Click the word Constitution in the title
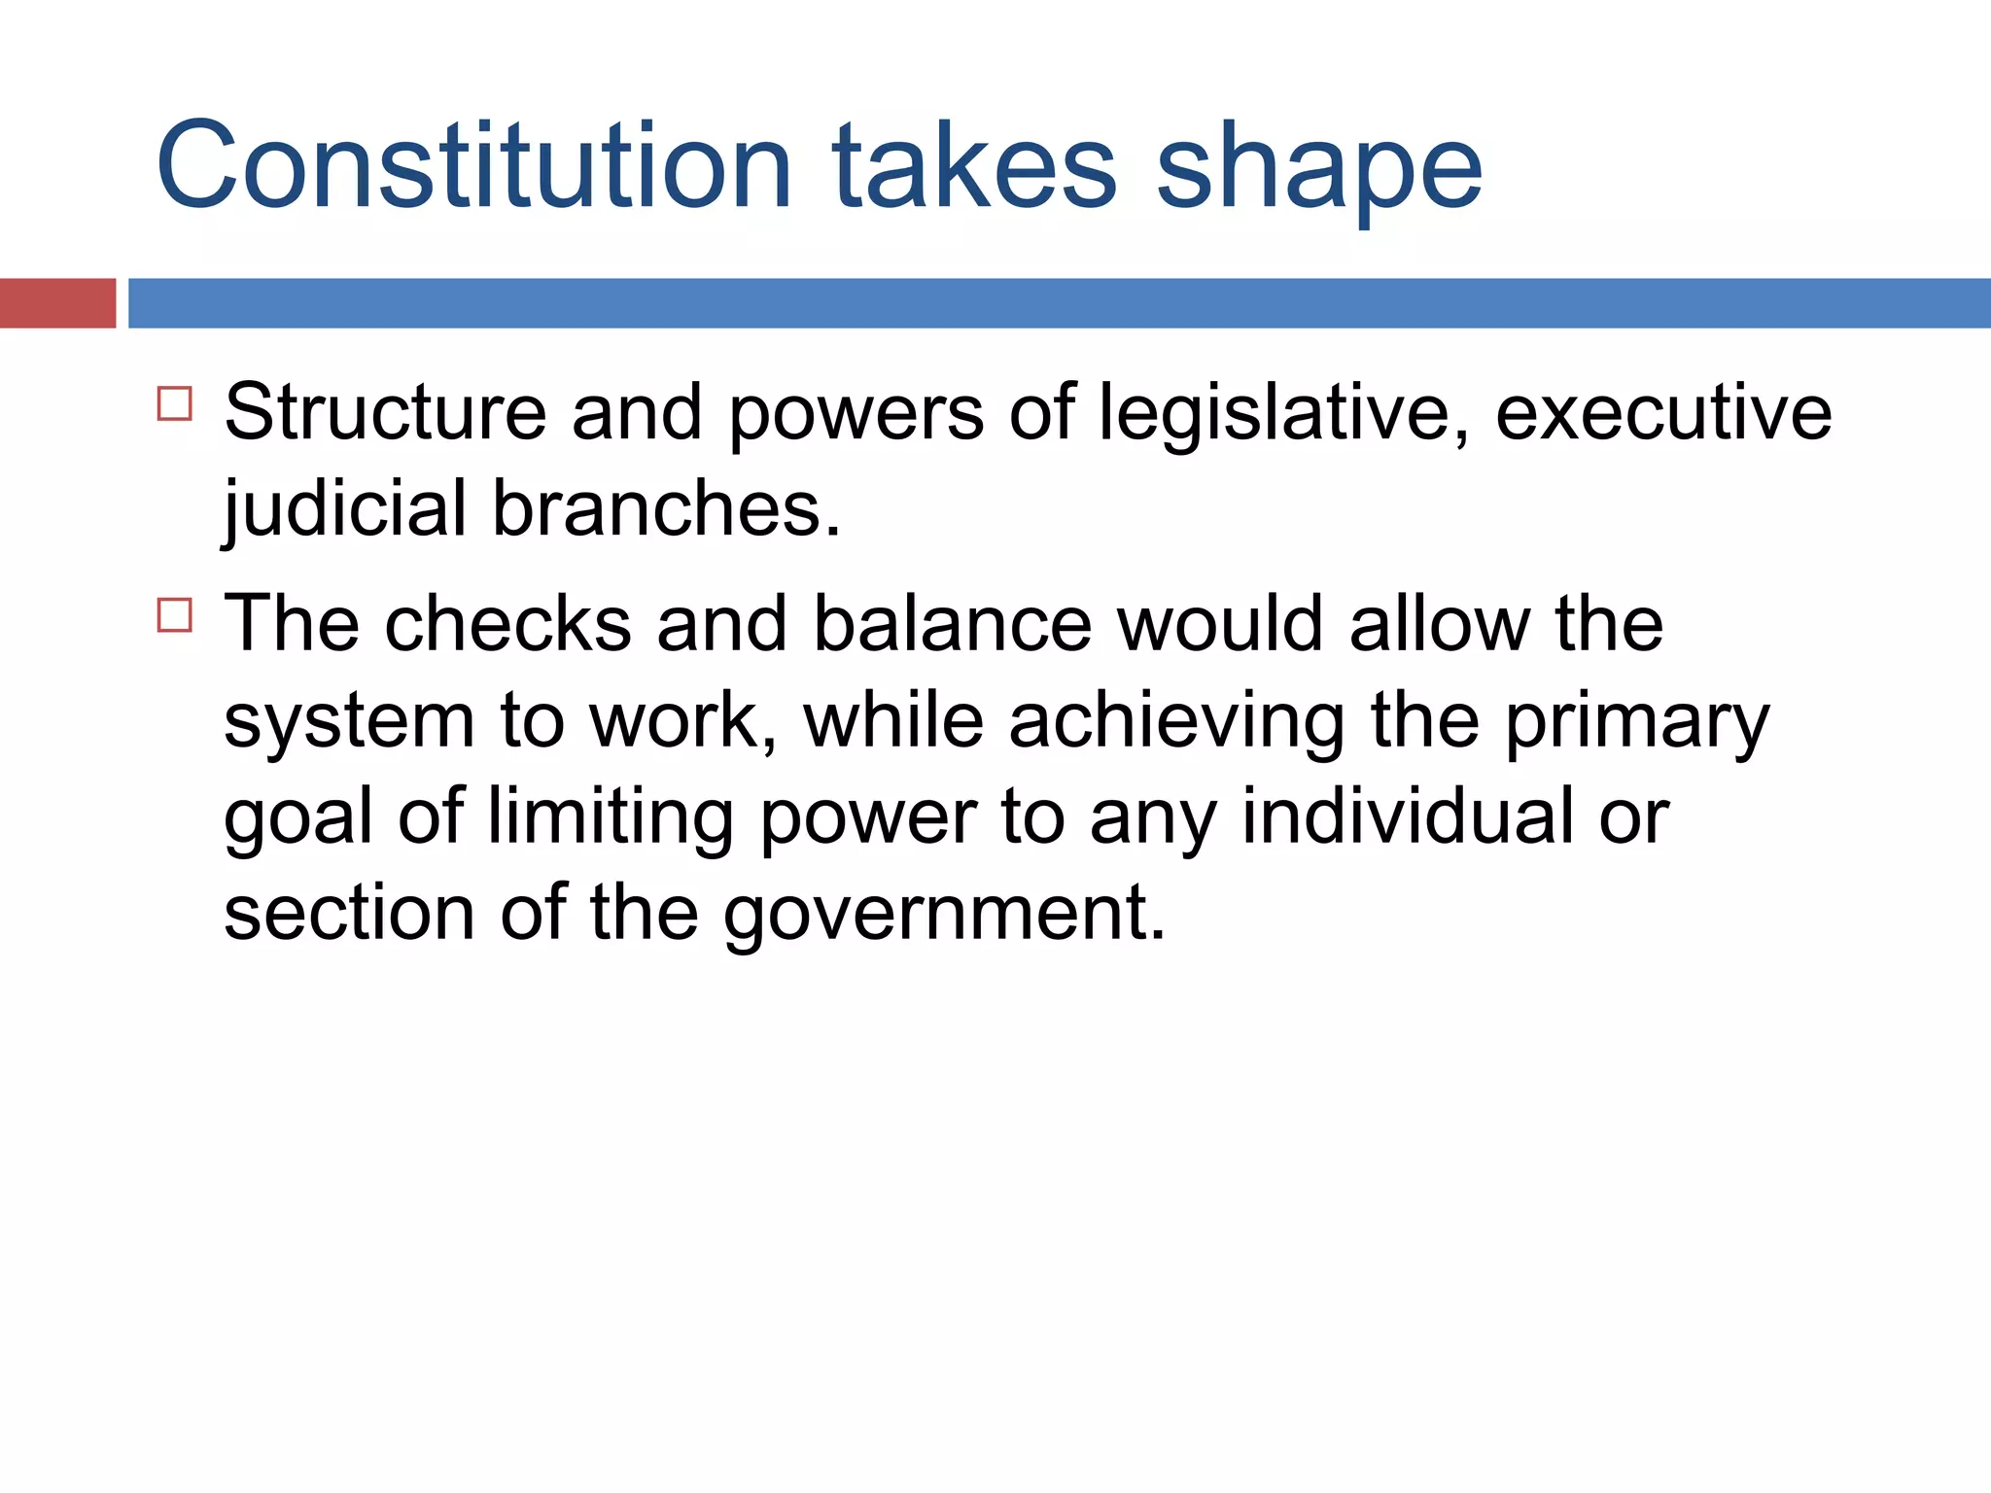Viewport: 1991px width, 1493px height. point(473,165)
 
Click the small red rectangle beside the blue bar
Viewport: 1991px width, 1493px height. point(57,303)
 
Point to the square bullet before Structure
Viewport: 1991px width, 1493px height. point(175,403)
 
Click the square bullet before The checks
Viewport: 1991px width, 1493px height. point(175,615)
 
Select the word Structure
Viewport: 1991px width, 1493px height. point(385,412)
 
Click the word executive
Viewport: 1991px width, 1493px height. point(1662,412)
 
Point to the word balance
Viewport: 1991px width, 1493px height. point(953,623)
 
